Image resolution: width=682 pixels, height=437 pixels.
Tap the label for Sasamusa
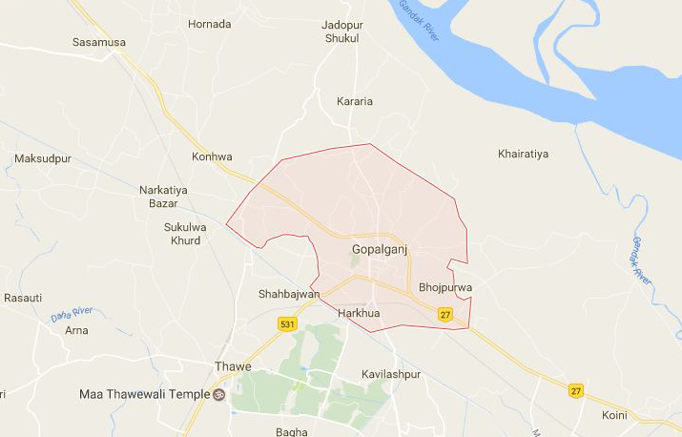(x=98, y=43)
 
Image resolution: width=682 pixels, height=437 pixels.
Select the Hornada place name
(x=209, y=24)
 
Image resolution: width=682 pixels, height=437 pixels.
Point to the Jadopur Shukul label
(x=341, y=31)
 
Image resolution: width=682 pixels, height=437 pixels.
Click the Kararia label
(x=355, y=101)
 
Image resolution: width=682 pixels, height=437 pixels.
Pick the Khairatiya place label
(x=524, y=154)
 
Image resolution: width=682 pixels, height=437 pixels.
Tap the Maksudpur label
(x=42, y=157)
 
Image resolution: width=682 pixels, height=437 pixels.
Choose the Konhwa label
(x=212, y=157)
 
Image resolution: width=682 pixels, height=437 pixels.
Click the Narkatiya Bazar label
(x=163, y=197)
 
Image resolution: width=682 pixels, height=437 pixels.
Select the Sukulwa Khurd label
(x=182, y=234)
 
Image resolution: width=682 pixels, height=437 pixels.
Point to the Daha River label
(x=72, y=313)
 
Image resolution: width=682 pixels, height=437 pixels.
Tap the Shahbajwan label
(x=289, y=294)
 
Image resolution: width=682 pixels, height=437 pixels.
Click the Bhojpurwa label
(x=445, y=287)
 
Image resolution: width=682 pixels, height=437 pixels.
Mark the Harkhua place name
(x=359, y=312)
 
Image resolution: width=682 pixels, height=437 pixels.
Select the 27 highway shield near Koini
(x=575, y=390)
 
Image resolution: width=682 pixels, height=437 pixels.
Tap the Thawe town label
(x=234, y=366)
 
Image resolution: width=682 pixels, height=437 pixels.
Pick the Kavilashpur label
(x=391, y=375)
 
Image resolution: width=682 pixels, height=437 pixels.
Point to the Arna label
(x=76, y=330)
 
